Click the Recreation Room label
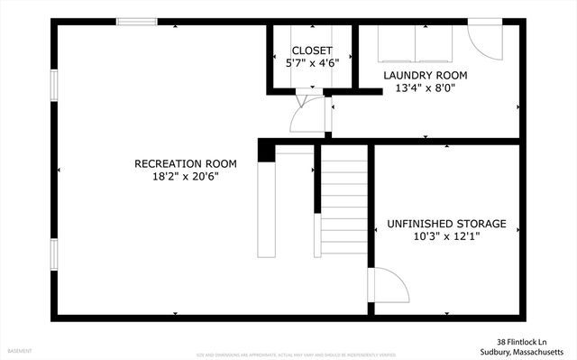click(185, 163)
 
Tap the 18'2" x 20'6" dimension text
click(185, 177)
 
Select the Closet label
click(312, 51)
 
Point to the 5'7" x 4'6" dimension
click(312, 64)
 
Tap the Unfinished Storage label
click(446, 224)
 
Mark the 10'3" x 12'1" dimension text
click(446, 237)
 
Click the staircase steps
click(343, 203)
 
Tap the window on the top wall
click(136, 23)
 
